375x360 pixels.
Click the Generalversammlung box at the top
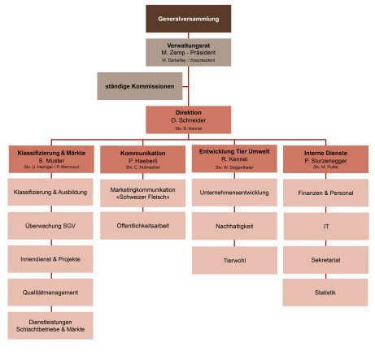coord(188,18)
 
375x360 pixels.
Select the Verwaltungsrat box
coord(188,52)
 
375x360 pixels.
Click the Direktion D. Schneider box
coord(188,119)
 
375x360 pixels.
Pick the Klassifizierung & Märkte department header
coord(51,158)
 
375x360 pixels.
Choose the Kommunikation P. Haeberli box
coord(142,158)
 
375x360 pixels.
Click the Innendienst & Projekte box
coord(51,258)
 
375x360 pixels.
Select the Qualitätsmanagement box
coord(51,292)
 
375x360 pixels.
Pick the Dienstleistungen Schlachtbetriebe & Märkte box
coord(51,325)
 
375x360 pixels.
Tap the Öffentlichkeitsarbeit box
coord(142,225)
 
